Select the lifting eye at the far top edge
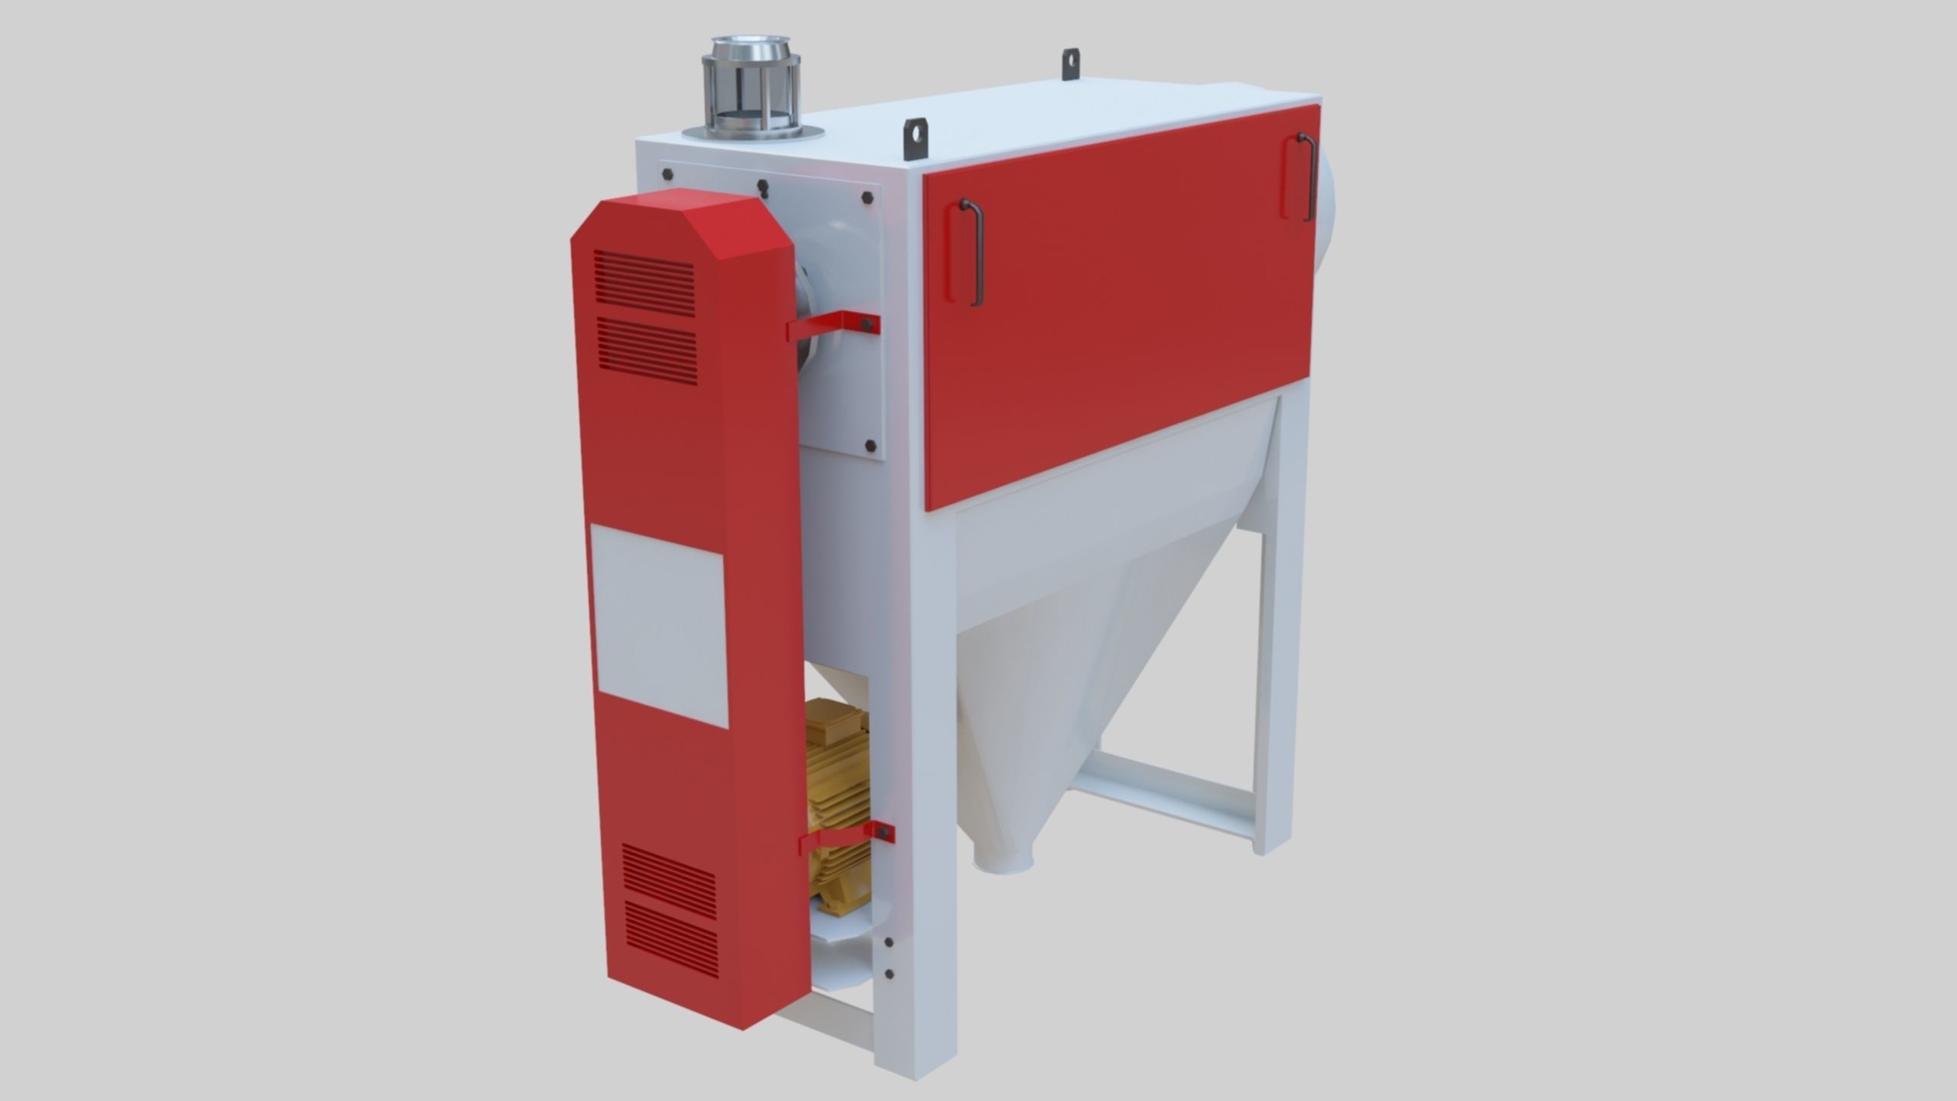(1071, 64)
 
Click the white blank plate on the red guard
(659, 625)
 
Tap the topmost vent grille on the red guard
(644, 283)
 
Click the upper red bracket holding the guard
(833, 327)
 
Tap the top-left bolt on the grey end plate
(667, 174)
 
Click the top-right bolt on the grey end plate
(867, 198)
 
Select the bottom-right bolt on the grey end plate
(870, 446)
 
